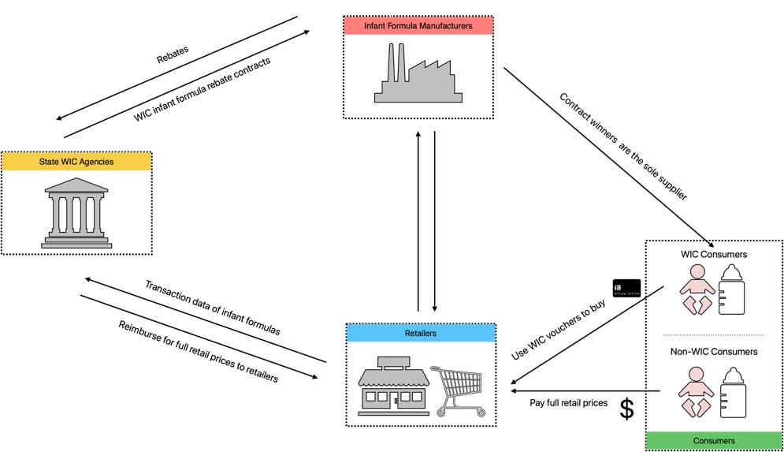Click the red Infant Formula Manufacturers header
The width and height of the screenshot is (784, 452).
pos(418,26)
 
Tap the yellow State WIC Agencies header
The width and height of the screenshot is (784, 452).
pos(76,162)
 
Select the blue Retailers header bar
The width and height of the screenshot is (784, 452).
pos(421,333)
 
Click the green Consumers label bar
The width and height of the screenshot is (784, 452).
pos(714,440)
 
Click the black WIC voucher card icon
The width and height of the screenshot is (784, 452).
pos(626,288)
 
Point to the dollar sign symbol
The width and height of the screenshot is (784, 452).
pos(627,409)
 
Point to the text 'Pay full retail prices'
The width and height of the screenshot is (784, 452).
pos(568,403)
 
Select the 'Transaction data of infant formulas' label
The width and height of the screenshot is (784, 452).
pos(212,308)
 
